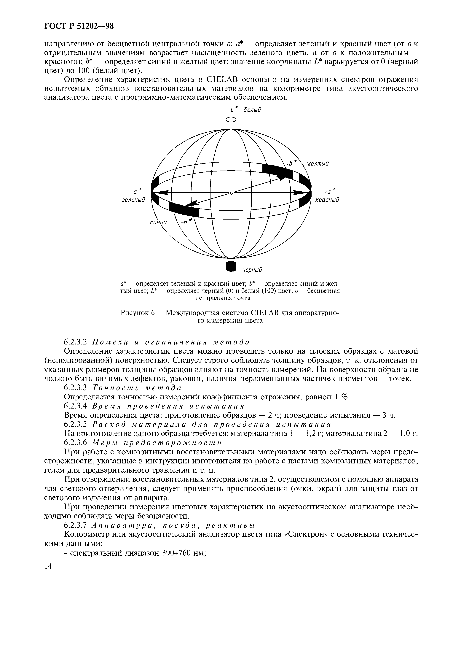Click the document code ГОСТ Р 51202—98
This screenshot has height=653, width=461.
click(x=79, y=26)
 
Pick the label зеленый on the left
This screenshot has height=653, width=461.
click(x=133, y=200)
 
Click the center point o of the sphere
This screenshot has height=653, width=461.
click(x=231, y=193)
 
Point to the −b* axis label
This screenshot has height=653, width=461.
click(x=186, y=222)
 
